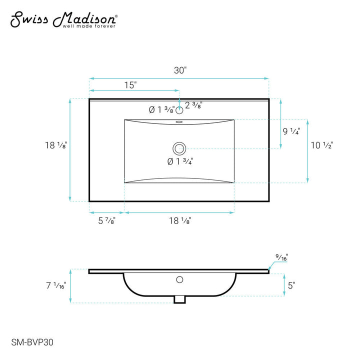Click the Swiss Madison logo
pyautogui.click(x=64, y=20)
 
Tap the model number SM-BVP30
pyautogui.click(x=32, y=342)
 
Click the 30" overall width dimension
pyautogui.click(x=180, y=70)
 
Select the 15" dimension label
pyautogui.click(x=130, y=85)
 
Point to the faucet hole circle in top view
pyautogui.click(x=179, y=110)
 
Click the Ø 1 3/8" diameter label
pyautogui.click(x=162, y=109)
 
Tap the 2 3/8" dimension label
pyautogui.click(x=193, y=105)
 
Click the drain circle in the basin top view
pyautogui.click(x=179, y=148)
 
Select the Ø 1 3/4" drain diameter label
pyautogui.click(x=180, y=161)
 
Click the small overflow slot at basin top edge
pyautogui.click(x=179, y=122)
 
